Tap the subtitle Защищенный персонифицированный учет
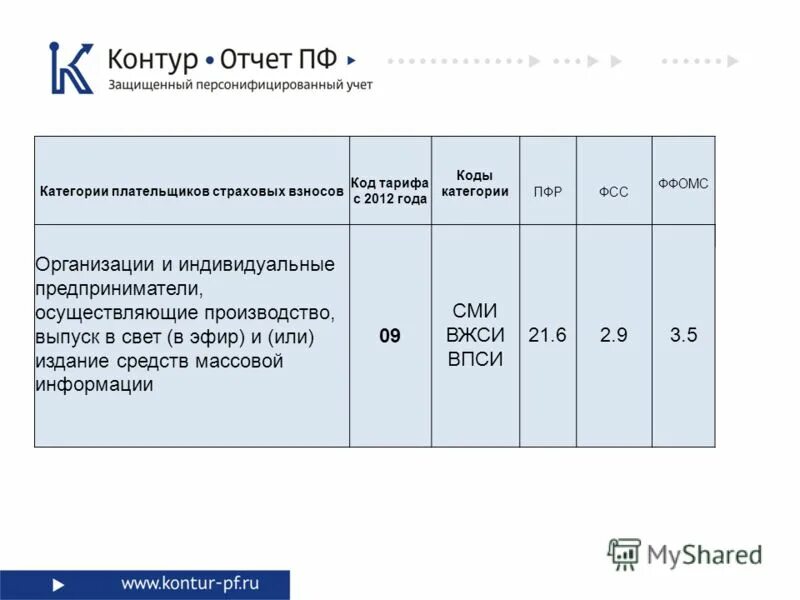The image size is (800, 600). pyautogui.click(x=240, y=85)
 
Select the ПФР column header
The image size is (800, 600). pyautogui.click(x=548, y=191)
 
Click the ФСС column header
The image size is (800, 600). pyautogui.click(x=613, y=191)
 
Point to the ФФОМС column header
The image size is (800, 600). pyautogui.click(x=683, y=184)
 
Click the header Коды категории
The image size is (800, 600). pyautogui.click(x=475, y=183)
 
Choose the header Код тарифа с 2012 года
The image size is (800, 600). pyautogui.click(x=389, y=190)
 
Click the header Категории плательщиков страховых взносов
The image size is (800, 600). pyautogui.click(x=191, y=190)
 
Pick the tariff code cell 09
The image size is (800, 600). pyautogui.click(x=389, y=336)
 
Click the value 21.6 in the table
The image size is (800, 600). pyautogui.click(x=547, y=336)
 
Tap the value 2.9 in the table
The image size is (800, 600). pyautogui.click(x=613, y=336)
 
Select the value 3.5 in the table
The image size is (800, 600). pyautogui.click(x=683, y=336)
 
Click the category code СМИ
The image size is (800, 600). pyautogui.click(x=475, y=311)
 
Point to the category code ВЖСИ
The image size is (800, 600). pyautogui.click(x=475, y=335)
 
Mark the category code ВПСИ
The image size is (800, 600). pyautogui.click(x=475, y=359)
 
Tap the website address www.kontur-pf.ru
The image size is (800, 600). pyautogui.click(x=190, y=583)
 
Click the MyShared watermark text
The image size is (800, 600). pyautogui.click(x=704, y=554)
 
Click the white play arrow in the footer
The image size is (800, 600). pyautogui.click(x=59, y=584)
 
